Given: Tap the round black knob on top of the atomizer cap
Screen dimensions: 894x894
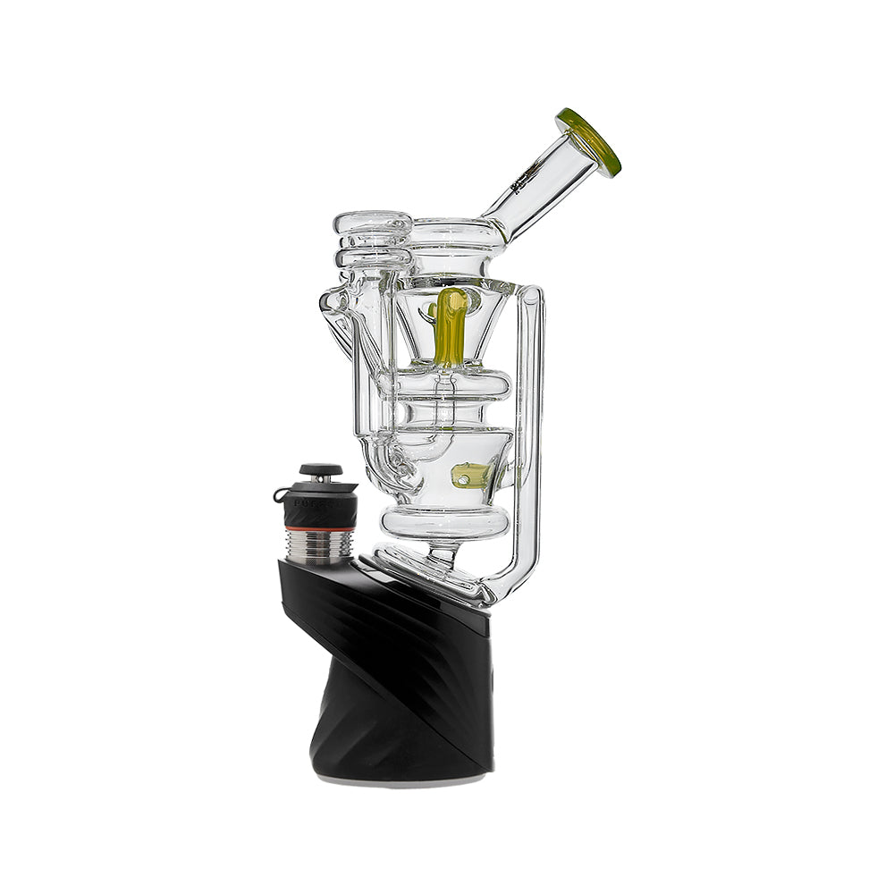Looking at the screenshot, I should [320, 469].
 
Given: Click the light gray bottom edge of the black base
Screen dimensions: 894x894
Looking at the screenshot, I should [402, 778].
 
